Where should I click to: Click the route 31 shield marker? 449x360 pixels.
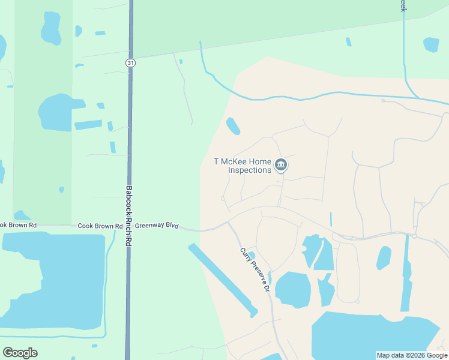click(x=130, y=62)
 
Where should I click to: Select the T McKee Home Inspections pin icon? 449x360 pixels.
click(x=280, y=165)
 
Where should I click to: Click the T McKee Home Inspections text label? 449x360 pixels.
click(x=243, y=166)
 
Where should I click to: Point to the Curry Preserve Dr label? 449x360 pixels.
click(x=255, y=269)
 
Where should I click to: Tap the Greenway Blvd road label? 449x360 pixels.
click(x=157, y=226)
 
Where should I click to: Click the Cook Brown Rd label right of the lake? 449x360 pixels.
click(x=96, y=226)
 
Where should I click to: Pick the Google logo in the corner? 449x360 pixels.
click(x=20, y=353)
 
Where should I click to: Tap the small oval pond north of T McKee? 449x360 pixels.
click(x=233, y=126)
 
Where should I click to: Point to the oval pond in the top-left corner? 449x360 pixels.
click(x=50, y=28)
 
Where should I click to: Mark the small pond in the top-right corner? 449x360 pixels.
click(x=431, y=44)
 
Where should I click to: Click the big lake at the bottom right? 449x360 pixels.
click(x=366, y=336)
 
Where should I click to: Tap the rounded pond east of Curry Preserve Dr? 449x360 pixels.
click(x=293, y=289)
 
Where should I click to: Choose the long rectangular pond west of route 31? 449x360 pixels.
click(x=88, y=125)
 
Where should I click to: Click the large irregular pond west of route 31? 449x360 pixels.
click(x=57, y=112)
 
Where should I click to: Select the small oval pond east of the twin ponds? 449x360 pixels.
click(x=384, y=258)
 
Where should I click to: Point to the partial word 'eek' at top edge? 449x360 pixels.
click(x=403, y=6)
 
